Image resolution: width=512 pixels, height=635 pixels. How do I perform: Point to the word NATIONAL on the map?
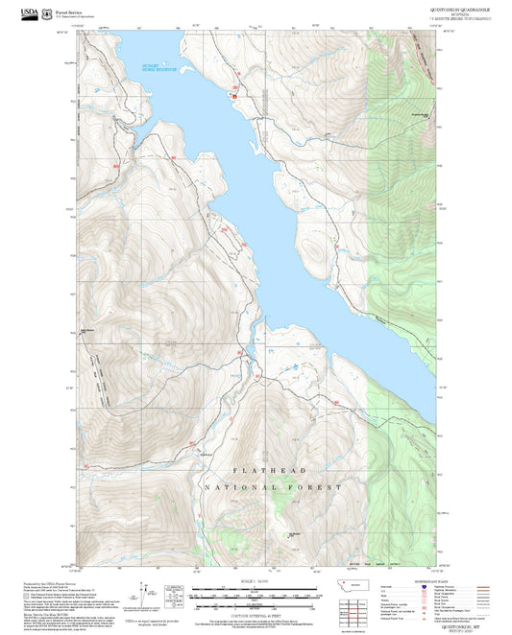[x=232, y=487]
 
